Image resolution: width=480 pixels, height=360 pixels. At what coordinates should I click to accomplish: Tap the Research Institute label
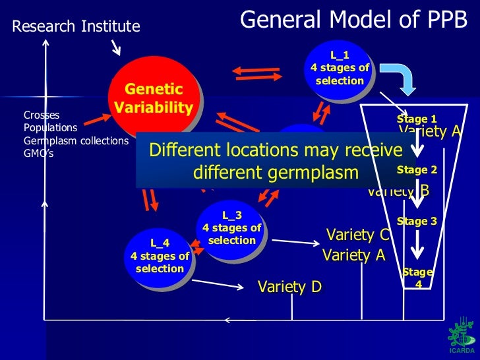[x=76, y=26]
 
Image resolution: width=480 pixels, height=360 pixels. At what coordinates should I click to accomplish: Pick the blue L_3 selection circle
[x=231, y=227]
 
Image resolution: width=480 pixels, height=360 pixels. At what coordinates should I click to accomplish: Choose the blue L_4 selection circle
[x=160, y=256]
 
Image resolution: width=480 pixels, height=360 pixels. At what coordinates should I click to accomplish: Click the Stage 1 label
[x=417, y=119]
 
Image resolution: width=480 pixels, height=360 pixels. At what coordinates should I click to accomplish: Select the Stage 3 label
[x=417, y=222]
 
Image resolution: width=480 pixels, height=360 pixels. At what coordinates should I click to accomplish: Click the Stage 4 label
[x=417, y=278]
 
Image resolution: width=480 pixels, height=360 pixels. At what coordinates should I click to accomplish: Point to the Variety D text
[x=289, y=287]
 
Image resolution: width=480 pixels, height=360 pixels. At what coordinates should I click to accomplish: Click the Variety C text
[x=359, y=235]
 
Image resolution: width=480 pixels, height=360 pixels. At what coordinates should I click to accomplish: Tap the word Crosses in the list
[x=42, y=115]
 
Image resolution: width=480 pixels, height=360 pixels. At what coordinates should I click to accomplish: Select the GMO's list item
[x=39, y=153]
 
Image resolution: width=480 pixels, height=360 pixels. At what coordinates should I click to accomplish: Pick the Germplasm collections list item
[x=76, y=140]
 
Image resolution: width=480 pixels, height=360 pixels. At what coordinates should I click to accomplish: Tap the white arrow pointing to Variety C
[x=295, y=242]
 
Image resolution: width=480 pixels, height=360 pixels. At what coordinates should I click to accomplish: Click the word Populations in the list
[x=51, y=127]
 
